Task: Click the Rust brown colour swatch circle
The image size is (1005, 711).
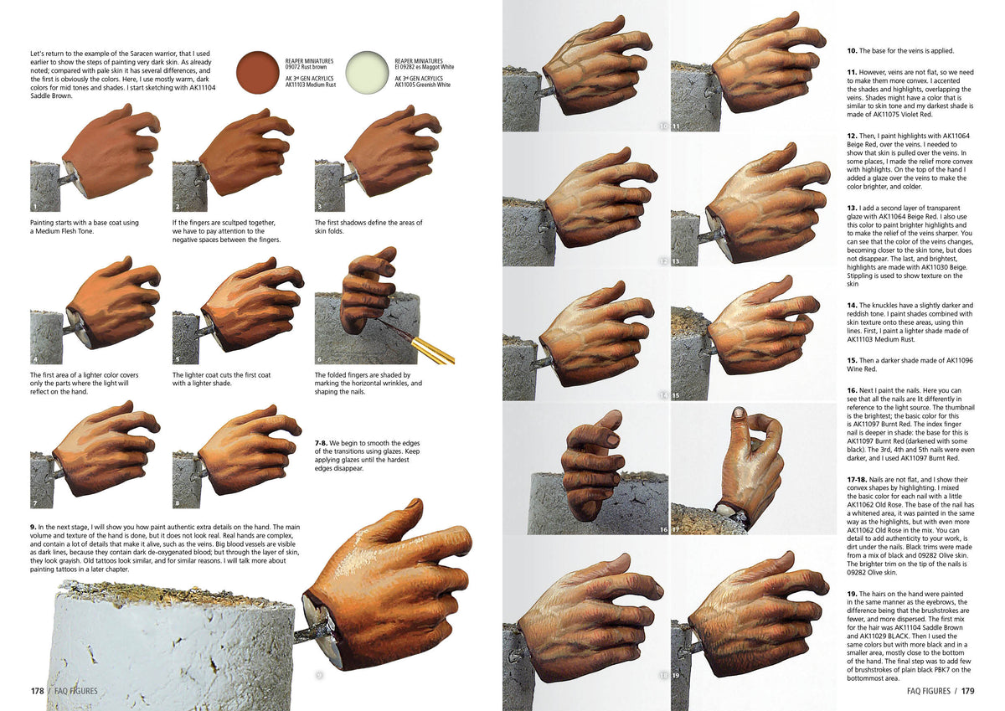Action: click(258, 71)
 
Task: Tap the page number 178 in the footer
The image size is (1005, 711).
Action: click(37, 691)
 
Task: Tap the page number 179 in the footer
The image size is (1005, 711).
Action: click(967, 691)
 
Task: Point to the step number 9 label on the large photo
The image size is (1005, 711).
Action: click(319, 674)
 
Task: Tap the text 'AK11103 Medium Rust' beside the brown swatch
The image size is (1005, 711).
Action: click(310, 85)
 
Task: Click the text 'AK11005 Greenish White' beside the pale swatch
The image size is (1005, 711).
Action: click(422, 85)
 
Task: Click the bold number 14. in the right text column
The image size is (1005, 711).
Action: click(852, 305)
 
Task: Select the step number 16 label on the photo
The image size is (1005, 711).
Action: click(663, 529)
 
